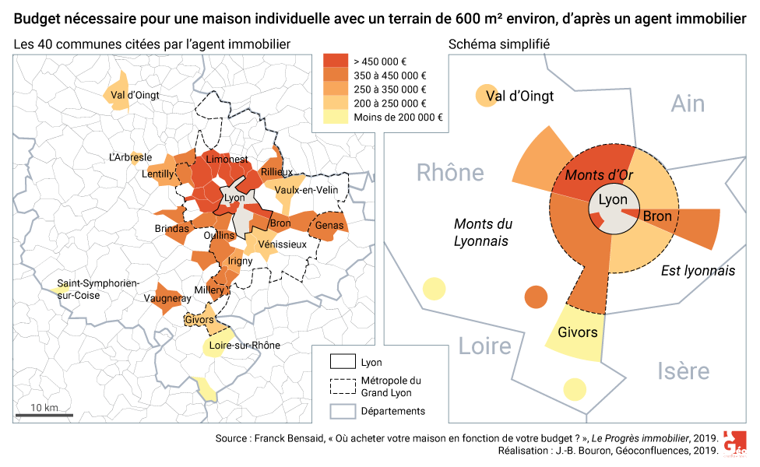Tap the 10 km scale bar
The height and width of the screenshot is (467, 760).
[44, 415]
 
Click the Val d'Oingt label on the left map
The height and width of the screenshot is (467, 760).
[135, 95]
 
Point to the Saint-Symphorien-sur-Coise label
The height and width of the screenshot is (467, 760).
[97, 289]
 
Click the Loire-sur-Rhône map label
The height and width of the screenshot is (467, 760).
[245, 345]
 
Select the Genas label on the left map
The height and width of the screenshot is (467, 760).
[329, 226]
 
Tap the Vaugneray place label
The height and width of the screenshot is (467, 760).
[167, 298]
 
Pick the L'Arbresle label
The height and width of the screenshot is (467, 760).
[130, 157]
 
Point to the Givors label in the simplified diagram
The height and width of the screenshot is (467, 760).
[577, 332]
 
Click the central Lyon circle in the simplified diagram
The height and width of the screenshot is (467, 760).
[613, 205]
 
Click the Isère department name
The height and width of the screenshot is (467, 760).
[682, 371]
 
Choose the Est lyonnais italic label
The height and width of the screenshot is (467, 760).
[698, 271]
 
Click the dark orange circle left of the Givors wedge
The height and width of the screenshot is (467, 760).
[536, 297]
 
